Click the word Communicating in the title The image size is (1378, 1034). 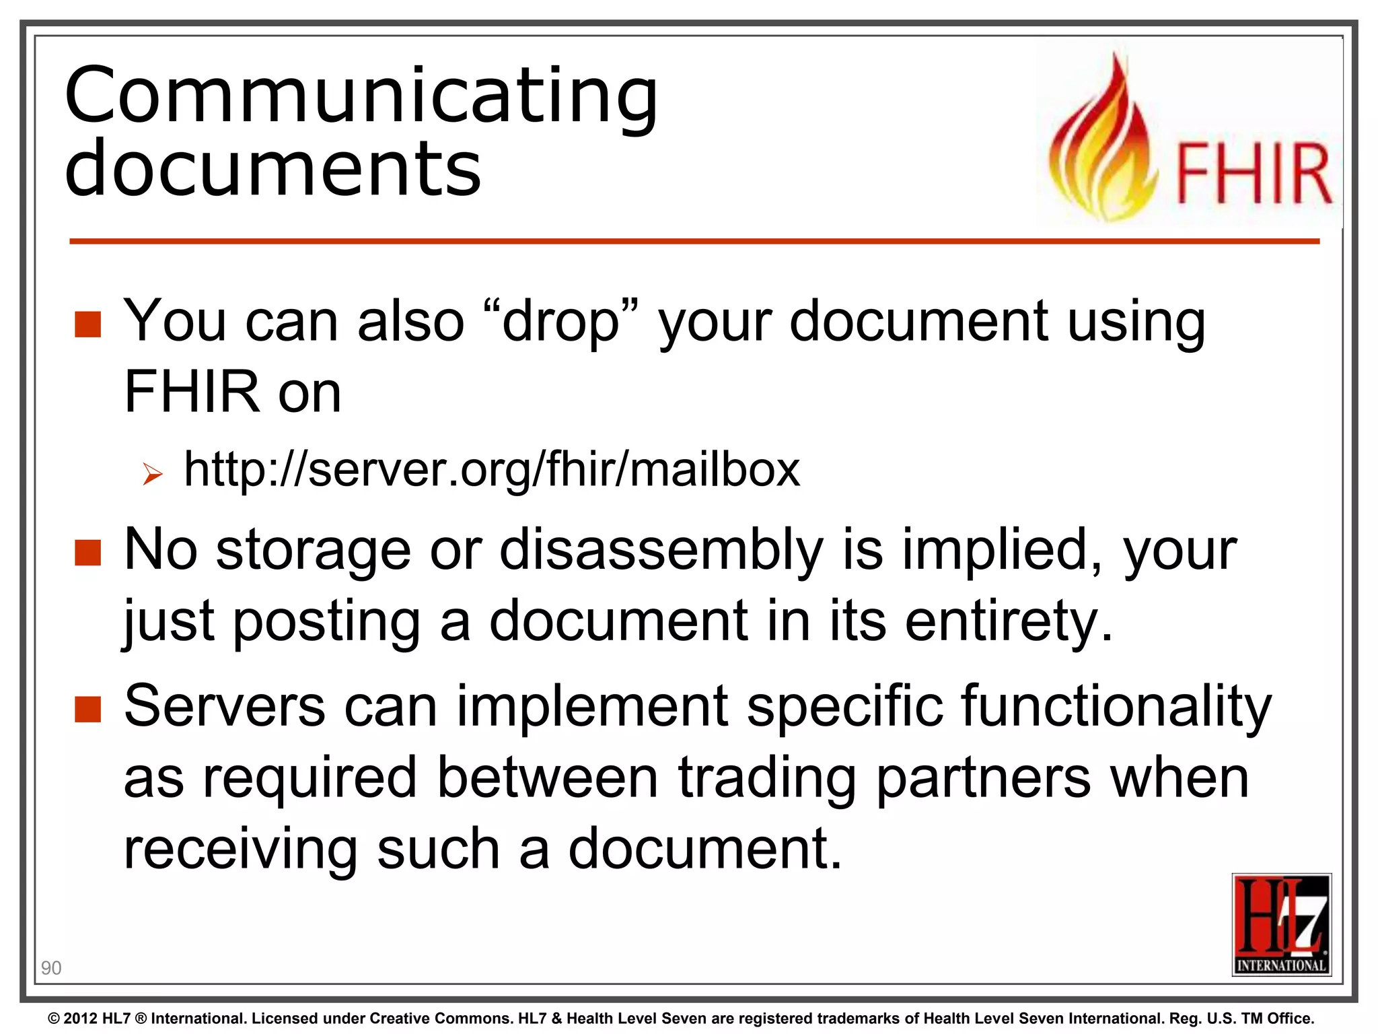coord(361,96)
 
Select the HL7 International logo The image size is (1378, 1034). coord(1281,924)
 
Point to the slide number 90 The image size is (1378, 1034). coord(51,968)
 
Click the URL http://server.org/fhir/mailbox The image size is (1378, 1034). coord(492,469)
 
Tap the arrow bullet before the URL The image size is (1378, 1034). coord(153,475)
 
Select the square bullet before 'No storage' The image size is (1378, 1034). coord(87,553)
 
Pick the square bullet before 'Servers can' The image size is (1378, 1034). coord(87,709)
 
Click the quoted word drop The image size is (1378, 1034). coord(560,322)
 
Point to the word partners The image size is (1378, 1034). coord(983,778)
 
